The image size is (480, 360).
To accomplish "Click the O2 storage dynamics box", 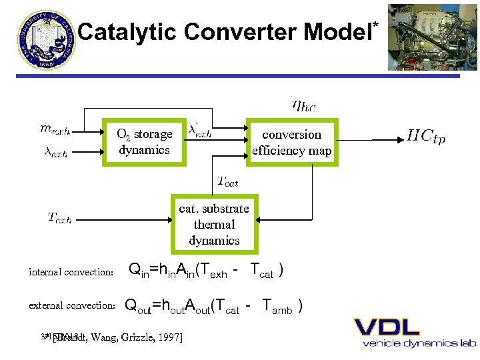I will click(x=144, y=142).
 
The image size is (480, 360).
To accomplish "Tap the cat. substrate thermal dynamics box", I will click(x=213, y=225).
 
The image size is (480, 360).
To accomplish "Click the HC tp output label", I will click(x=426, y=137).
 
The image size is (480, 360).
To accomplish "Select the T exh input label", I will click(x=60, y=217).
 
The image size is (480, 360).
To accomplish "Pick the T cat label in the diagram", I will click(x=228, y=180).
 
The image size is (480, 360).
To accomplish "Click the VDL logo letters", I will click(x=387, y=327).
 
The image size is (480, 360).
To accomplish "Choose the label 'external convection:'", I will click(x=73, y=305).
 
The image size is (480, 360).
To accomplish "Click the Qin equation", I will click(x=206, y=271).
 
